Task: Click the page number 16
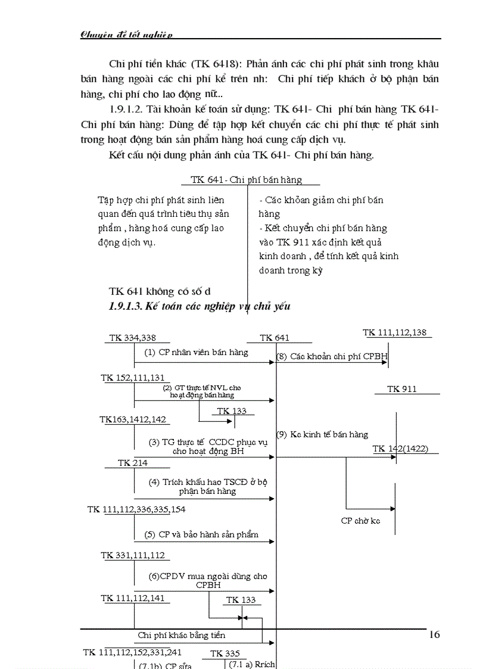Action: pyautogui.click(x=434, y=635)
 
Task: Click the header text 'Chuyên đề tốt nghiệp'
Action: pyautogui.click(x=126, y=35)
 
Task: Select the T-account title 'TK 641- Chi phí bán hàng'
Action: pyautogui.click(x=246, y=179)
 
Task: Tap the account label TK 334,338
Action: pyautogui.click(x=132, y=338)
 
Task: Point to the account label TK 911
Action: pyautogui.click(x=402, y=389)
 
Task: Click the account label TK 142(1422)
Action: pyautogui.click(x=400, y=449)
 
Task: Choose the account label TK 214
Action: pyautogui.click(x=132, y=463)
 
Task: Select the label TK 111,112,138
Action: pyautogui.click(x=395, y=332)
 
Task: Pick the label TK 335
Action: pyautogui.click(x=225, y=654)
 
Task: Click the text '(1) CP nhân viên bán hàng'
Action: pyautogui.click(x=196, y=352)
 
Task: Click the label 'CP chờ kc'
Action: pyautogui.click(x=360, y=521)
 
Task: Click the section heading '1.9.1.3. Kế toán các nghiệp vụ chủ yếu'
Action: pyautogui.click(x=200, y=306)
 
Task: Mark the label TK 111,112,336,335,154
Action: pyautogui.click(x=136, y=509)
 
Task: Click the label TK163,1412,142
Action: pyautogui.click(x=133, y=419)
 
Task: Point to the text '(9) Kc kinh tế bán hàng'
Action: pyautogui.click(x=322, y=434)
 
